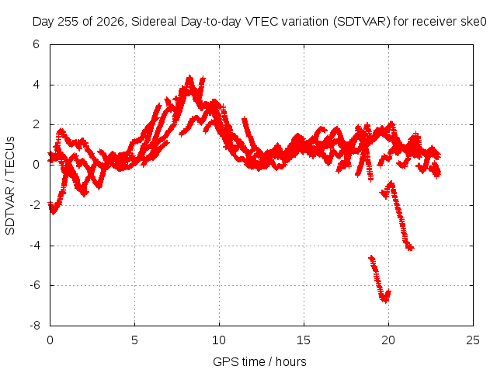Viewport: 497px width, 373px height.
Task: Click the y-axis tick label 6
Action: (x=36, y=44)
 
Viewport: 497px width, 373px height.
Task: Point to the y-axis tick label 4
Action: (x=36, y=85)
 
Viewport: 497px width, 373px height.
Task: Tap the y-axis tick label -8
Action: (x=35, y=326)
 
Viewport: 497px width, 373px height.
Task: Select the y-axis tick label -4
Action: (x=35, y=246)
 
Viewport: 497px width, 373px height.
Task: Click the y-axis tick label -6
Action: (x=35, y=285)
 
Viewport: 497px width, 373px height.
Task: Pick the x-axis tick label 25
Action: (x=473, y=340)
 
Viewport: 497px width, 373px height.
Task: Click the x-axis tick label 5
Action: (x=134, y=340)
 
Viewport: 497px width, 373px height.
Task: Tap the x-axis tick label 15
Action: (x=304, y=340)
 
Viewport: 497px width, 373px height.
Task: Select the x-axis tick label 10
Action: (x=219, y=340)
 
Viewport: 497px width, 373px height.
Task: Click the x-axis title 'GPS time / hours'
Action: (x=259, y=361)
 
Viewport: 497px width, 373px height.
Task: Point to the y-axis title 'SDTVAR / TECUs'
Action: (x=10, y=186)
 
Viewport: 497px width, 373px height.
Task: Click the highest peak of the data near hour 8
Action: (x=189, y=78)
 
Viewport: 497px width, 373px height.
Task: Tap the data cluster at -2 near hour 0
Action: (x=54, y=207)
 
